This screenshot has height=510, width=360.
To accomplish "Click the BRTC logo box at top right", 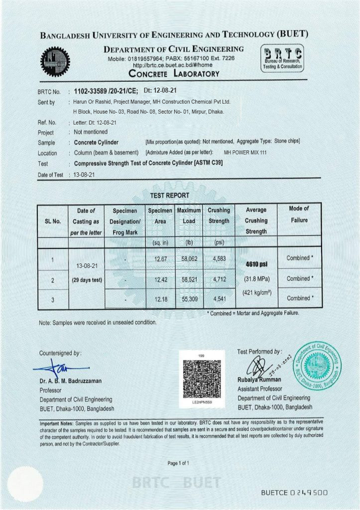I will (x=282, y=58).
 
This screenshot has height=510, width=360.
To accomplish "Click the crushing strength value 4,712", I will (x=219, y=279).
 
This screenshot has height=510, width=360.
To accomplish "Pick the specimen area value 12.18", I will (x=160, y=299).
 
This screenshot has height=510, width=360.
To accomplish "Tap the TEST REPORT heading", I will (x=169, y=195).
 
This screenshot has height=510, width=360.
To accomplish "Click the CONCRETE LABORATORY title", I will (x=174, y=74).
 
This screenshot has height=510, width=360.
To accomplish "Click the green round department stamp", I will (x=317, y=366).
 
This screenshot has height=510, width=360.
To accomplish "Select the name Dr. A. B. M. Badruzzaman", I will (x=70, y=381).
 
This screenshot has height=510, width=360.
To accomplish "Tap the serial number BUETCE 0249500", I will (x=294, y=493).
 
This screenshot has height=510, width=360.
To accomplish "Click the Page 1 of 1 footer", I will (x=178, y=463).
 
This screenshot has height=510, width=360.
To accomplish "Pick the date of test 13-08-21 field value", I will (x=85, y=175).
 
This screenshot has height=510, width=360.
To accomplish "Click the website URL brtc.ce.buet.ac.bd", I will (x=172, y=65).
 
